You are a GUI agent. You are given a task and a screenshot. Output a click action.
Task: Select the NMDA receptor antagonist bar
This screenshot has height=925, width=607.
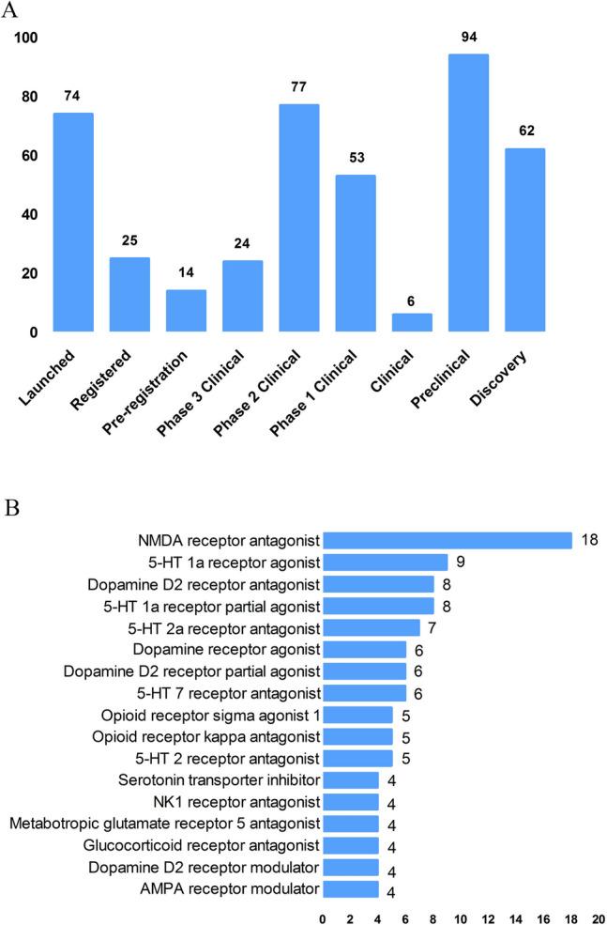tap(447, 541)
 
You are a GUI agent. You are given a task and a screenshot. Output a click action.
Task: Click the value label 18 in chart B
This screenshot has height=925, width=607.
tap(589, 541)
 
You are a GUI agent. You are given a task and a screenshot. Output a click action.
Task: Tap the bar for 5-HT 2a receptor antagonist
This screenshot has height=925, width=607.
tap(371, 627)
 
